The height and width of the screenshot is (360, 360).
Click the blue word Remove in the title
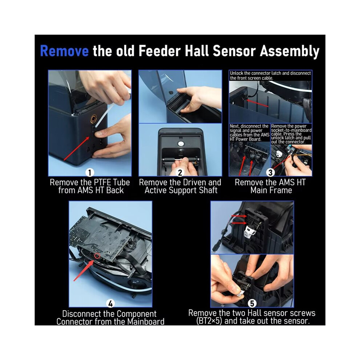click(x=64, y=51)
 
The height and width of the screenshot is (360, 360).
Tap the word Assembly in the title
click(x=289, y=51)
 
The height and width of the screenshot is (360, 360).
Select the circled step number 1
click(x=89, y=173)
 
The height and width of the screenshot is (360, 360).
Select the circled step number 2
click(x=180, y=173)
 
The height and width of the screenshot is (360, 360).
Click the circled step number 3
click(x=270, y=172)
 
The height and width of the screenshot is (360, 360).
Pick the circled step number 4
click(x=111, y=304)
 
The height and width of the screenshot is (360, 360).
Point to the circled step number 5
click(x=252, y=304)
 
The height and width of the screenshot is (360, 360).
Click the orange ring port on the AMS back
click(x=93, y=119)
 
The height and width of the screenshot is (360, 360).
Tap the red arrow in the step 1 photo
click(x=77, y=148)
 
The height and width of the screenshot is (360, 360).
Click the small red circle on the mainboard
click(x=97, y=256)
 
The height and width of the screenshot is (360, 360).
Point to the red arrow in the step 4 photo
click(x=84, y=270)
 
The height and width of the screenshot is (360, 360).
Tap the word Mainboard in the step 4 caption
click(x=146, y=321)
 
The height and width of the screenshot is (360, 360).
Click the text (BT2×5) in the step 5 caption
click(x=209, y=321)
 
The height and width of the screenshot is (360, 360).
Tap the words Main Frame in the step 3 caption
click(x=271, y=190)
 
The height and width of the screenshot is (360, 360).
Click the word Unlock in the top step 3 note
click(x=236, y=73)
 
